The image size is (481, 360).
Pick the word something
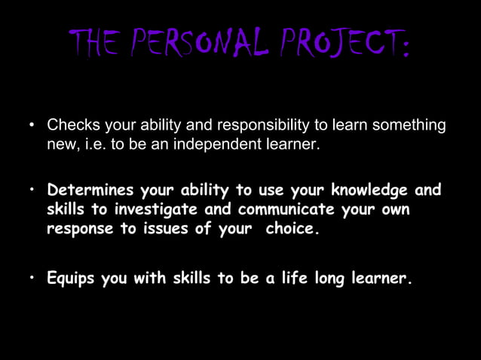(411, 124)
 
